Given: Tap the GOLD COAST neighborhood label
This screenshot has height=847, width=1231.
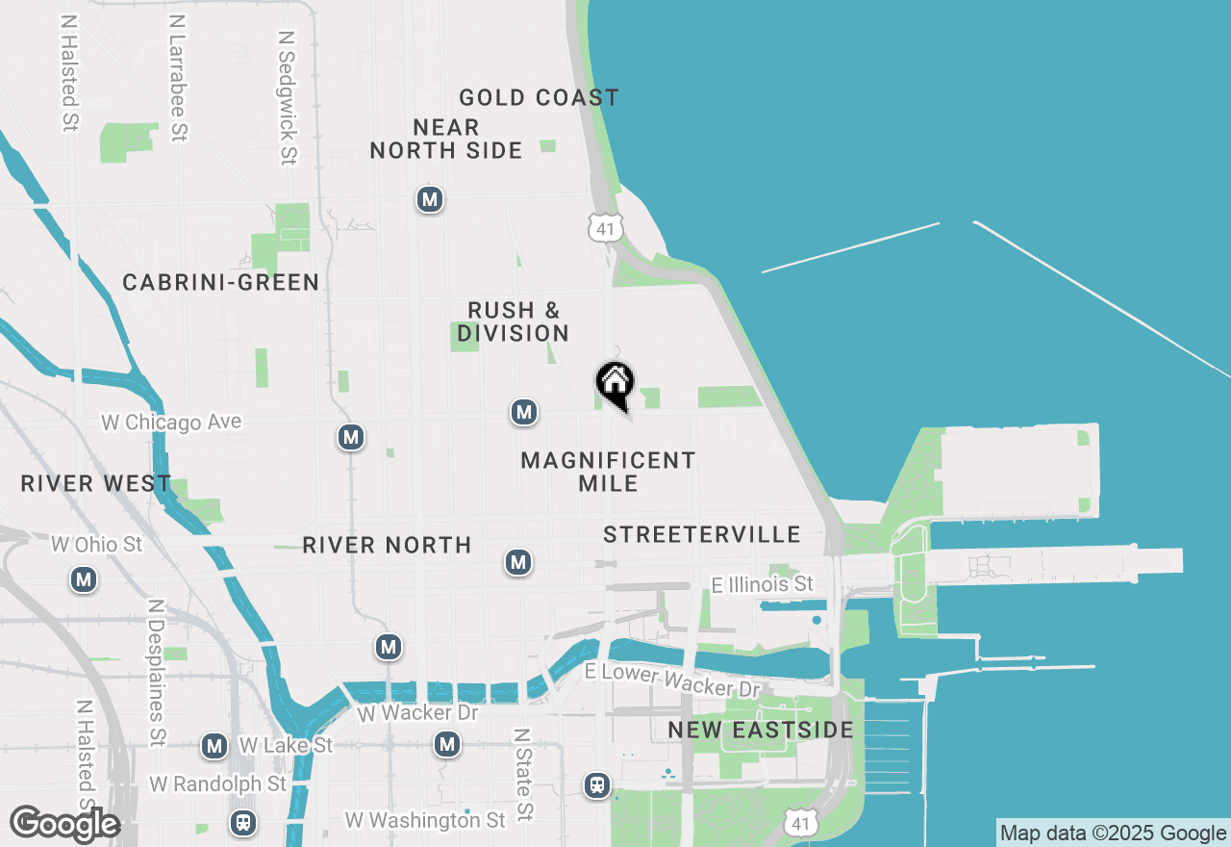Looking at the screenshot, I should click(x=539, y=97).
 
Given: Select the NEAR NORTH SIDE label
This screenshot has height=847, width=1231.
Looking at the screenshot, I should click(x=446, y=139).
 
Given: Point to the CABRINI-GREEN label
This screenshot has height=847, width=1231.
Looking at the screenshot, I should click(x=221, y=282).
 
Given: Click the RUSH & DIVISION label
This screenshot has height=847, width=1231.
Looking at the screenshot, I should click(x=514, y=321).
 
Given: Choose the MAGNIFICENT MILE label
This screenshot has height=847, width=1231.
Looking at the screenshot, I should click(x=608, y=472).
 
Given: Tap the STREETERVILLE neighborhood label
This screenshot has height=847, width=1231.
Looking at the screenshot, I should click(x=702, y=534).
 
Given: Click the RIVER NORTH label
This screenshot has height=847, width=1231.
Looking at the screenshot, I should click(x=387, y=545).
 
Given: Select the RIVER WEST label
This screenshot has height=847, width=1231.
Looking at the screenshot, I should click(x=96, y=483).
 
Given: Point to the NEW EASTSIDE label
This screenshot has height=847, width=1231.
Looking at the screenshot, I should click(x=761, y=730).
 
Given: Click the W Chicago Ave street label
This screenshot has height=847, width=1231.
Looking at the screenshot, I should click(x=171, y=422).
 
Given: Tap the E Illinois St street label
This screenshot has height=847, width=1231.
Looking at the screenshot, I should click(x=762, y=584).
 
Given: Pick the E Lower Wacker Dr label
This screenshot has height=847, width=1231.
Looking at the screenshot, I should click(x=672, y=680).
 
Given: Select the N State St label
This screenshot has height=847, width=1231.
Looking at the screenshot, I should click(x=522, y=774).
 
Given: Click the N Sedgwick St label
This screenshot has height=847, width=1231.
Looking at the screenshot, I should click(x=287, y=96).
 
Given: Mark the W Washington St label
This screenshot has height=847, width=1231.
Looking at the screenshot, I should click(x=425, y=820).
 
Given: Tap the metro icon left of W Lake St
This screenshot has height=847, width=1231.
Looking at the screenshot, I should click(x=214, y=746).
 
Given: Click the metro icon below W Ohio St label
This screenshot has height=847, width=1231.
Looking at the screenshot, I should click(x=85, y=579).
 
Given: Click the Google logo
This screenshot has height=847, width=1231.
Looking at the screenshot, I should click(x=64, y=823).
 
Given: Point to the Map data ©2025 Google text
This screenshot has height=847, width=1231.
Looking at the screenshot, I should click(x=1113, y=834).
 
